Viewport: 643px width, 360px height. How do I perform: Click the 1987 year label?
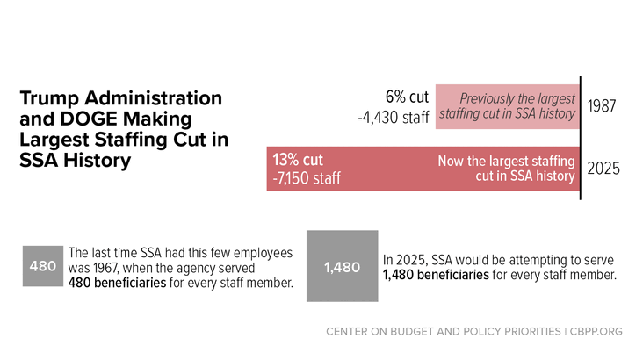pos(602,106)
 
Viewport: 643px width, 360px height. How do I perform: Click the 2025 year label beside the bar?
pos(603,169)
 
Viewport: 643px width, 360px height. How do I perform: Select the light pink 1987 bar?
pos(508,106)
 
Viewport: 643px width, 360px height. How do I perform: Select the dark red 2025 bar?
pos(423,169)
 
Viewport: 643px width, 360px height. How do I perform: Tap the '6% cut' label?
pos(407,97)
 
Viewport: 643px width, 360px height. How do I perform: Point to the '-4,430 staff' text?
pos(394,118)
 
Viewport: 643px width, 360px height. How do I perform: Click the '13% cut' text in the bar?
pos(298,160)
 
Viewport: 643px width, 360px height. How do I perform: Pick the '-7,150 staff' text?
pos(307,178)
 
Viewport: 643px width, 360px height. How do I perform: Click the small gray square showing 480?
pos(43,266)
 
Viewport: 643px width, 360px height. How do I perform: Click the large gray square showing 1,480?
pos(342,266)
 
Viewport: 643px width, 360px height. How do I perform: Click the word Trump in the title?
pos(49,99)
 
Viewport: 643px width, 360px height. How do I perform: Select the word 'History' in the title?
pos(97,161)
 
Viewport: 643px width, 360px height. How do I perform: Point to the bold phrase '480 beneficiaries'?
pos(117,283)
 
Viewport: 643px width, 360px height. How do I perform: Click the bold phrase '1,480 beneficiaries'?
pos(436,275)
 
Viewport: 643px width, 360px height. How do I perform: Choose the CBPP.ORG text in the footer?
pos(596,331)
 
